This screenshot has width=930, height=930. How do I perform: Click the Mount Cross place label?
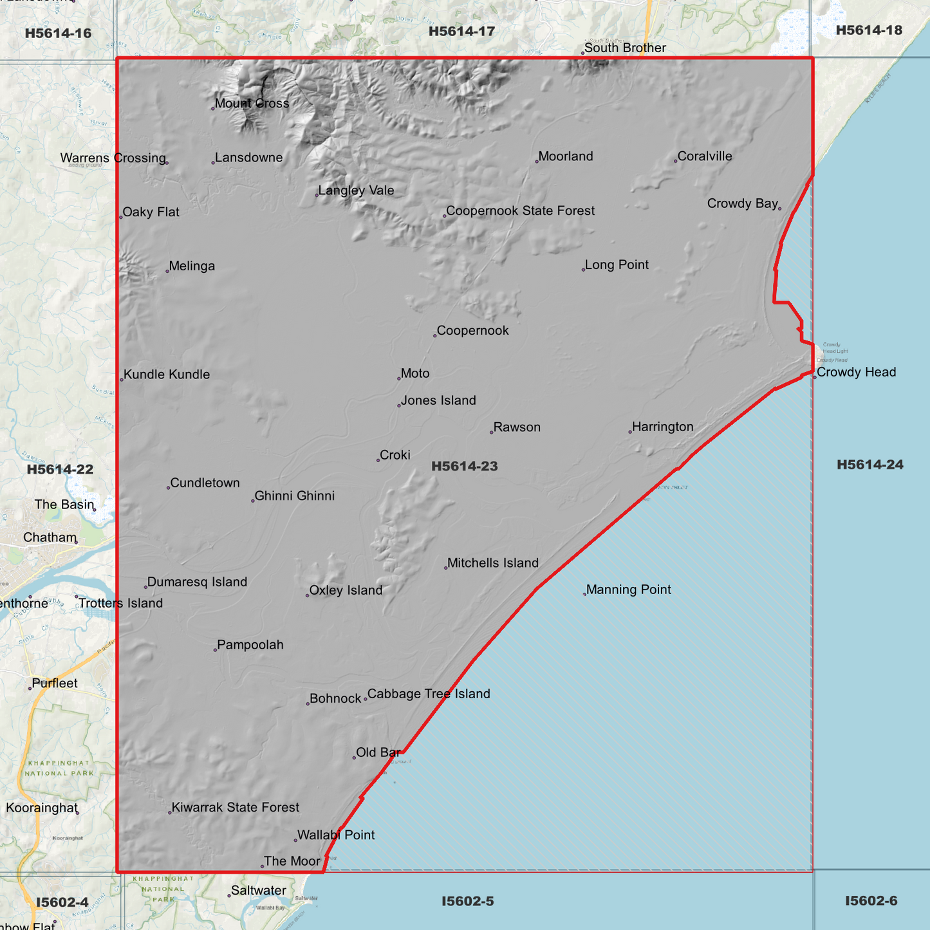pyautogui.click(x=252, y=104)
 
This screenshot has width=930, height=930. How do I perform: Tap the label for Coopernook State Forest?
pyautogui.click(x=520, y=211)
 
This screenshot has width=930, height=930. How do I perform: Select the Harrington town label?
pyautogui.click(x=662, y=427)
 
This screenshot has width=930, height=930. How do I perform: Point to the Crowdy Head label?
pyautogui.click(x=856, y=372)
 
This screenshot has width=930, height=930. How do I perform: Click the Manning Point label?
pyautogui.click(x=628, y=590)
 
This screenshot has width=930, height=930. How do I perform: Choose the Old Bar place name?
pyautogui.click(x=378, y=752)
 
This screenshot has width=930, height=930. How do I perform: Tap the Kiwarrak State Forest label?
pyautogui.click(x=235, y=807)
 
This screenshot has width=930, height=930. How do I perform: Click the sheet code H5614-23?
pyautogui.click(x=465, y=466)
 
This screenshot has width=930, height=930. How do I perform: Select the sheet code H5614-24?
pyautogui.click(x=870, y=465)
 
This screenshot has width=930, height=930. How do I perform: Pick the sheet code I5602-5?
pyautogui.click(x=467, y=901)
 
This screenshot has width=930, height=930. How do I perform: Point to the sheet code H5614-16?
pyautogui.click(x=58, y=33)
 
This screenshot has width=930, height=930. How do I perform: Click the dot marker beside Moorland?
pyautogui.click(x=537, y=161)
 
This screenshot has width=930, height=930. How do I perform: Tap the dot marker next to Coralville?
pyautogui.click(x=676, y=161)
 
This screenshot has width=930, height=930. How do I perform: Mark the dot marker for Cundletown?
pyautogui.click(x=169, y=487)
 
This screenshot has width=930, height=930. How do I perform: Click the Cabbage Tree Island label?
pyautogui.click(x=429, y=694)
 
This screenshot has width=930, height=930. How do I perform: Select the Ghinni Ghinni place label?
pyautogui.click(x=294, y=496)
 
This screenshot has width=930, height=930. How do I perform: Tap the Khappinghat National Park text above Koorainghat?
pyautogui.click(x=60, y=768)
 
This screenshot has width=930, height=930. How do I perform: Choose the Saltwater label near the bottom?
pyautogui.click(x=258, y=891)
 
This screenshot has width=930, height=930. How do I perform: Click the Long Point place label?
pyautogui.click(x=616, y=265)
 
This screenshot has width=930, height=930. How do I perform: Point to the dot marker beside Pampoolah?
pyautogui.click(x=216, y=649)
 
